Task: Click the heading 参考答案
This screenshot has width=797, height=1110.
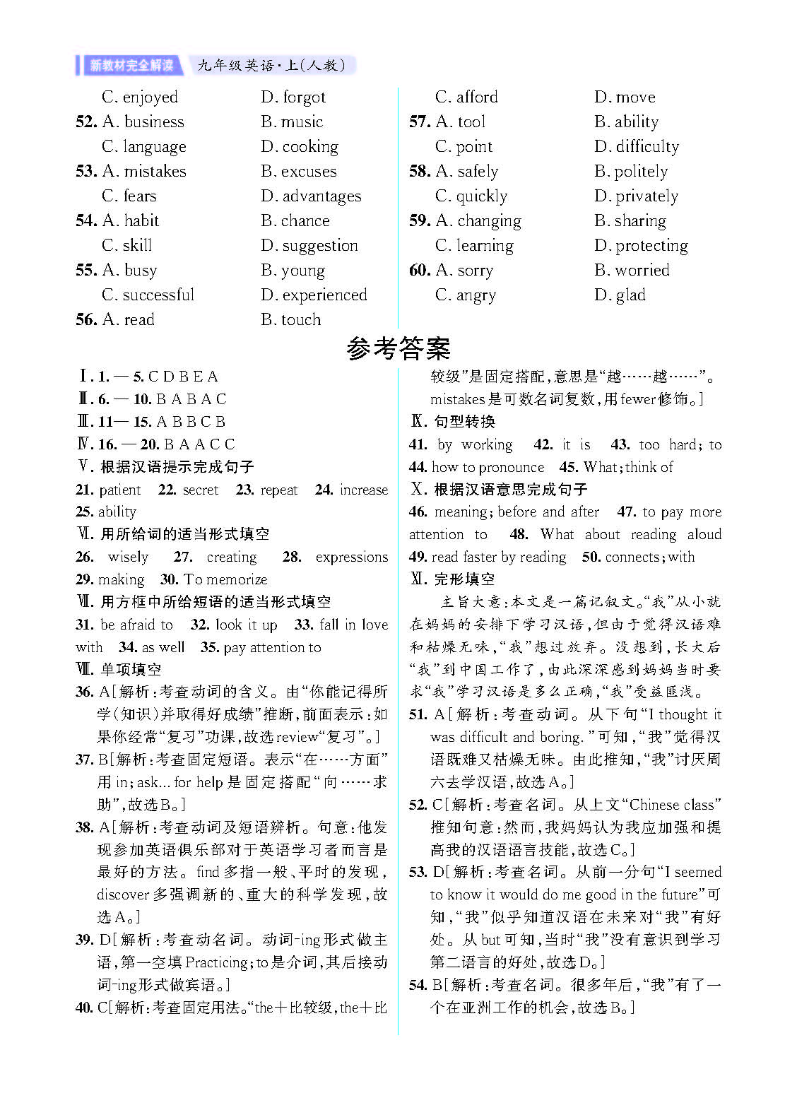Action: coord(398,348)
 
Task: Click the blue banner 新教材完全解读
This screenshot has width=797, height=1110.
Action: coord(131,66)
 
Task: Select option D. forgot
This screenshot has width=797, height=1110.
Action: coord(293,97)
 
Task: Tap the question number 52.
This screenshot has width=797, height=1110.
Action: coord(85,122)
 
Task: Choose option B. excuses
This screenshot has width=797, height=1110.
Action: coord(298,171)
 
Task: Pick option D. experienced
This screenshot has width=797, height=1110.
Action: coord(314,295)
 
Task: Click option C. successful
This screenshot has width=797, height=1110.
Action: coord(148,295)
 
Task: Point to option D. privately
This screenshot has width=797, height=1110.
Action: coord(636,196)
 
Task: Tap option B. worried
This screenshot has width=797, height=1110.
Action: coord(632,270)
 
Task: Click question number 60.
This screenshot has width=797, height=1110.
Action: coord(419,270)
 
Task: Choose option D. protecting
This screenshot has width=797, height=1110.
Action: coord(641,245)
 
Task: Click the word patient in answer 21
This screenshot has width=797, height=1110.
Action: coord(119,490)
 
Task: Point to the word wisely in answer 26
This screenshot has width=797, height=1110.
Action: coord(128,557)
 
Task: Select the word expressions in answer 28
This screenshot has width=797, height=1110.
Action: coord(351,557)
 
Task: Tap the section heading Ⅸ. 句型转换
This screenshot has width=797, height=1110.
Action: coord(453,422)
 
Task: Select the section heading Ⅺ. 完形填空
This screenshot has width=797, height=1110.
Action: coord(453,579)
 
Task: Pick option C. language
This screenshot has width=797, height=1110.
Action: coord(144,146)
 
